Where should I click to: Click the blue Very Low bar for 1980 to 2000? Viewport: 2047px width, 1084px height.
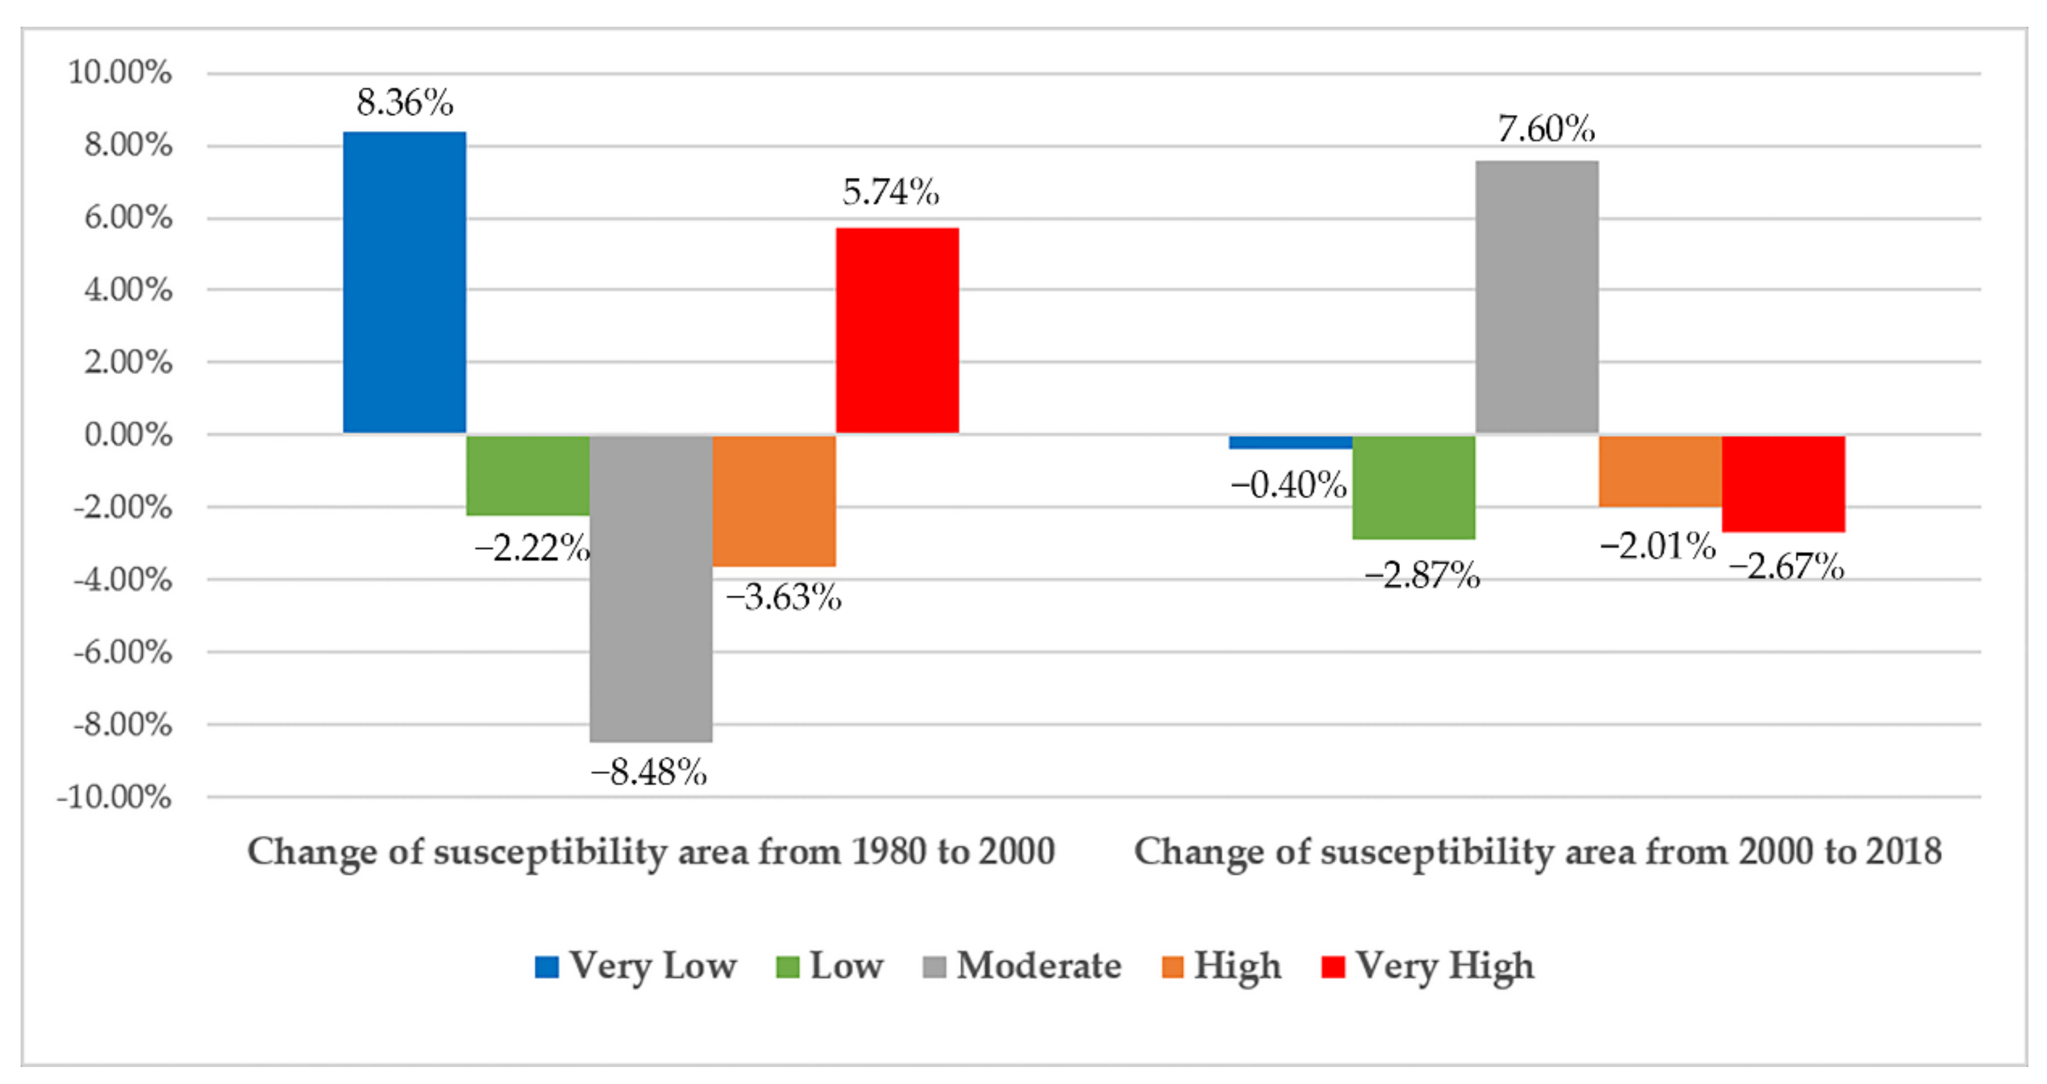(x=404, y=282)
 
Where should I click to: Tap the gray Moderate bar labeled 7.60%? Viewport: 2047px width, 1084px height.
(x=1537, y=296)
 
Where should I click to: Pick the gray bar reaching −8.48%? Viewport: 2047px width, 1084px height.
(x=651, y=588)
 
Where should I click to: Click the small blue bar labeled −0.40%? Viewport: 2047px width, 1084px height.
(x=1290, y=442)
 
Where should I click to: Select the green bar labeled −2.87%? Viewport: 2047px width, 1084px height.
(x=1414, y=486)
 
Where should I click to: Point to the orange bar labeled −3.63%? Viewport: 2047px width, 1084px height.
(x=774, y=500)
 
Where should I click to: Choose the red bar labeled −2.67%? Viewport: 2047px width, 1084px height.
(x=1783, y=483)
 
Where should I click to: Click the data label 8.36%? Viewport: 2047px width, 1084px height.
(x=404, y=103)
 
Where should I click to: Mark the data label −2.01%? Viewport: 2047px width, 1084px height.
(x=1657, y=546)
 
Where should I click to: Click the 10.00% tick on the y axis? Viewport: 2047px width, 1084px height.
(x=120, y=72)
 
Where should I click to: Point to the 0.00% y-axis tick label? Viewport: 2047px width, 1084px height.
(x=128, y=435)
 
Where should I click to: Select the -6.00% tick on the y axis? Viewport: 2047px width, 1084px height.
(x=123, y=652)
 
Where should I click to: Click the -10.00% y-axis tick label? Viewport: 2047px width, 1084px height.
(x=114, y=797)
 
